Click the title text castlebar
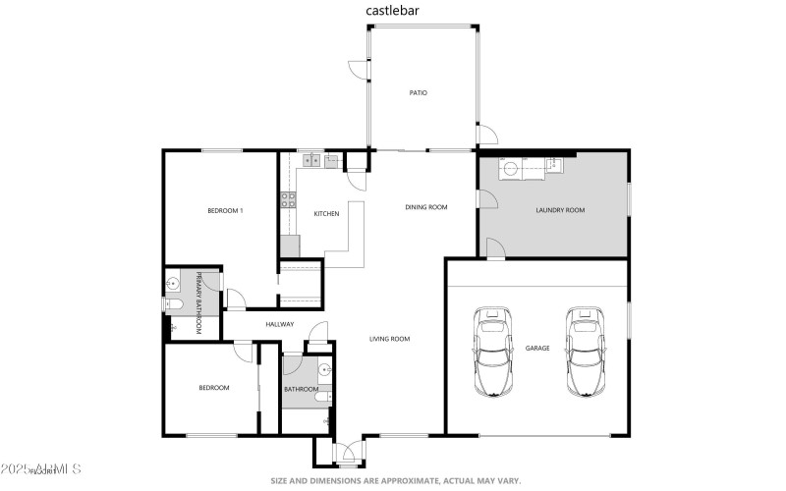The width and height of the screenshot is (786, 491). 391,12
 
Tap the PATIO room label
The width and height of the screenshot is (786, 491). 419,93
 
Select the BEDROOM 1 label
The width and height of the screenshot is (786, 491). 225,211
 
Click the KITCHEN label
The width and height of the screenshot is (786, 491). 326,214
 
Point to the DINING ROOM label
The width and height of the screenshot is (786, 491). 426,207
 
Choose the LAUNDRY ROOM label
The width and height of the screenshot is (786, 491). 560,210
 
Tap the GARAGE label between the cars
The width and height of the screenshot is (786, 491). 537,349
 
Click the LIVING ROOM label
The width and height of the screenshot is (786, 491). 389,339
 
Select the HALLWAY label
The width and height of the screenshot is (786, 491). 280,324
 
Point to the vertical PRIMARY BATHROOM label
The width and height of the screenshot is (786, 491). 198,302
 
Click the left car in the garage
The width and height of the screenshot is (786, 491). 492,351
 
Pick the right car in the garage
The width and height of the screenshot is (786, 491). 583,351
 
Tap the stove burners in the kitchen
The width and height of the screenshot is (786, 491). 289,201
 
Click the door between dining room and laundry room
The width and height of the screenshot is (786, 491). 483,199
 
